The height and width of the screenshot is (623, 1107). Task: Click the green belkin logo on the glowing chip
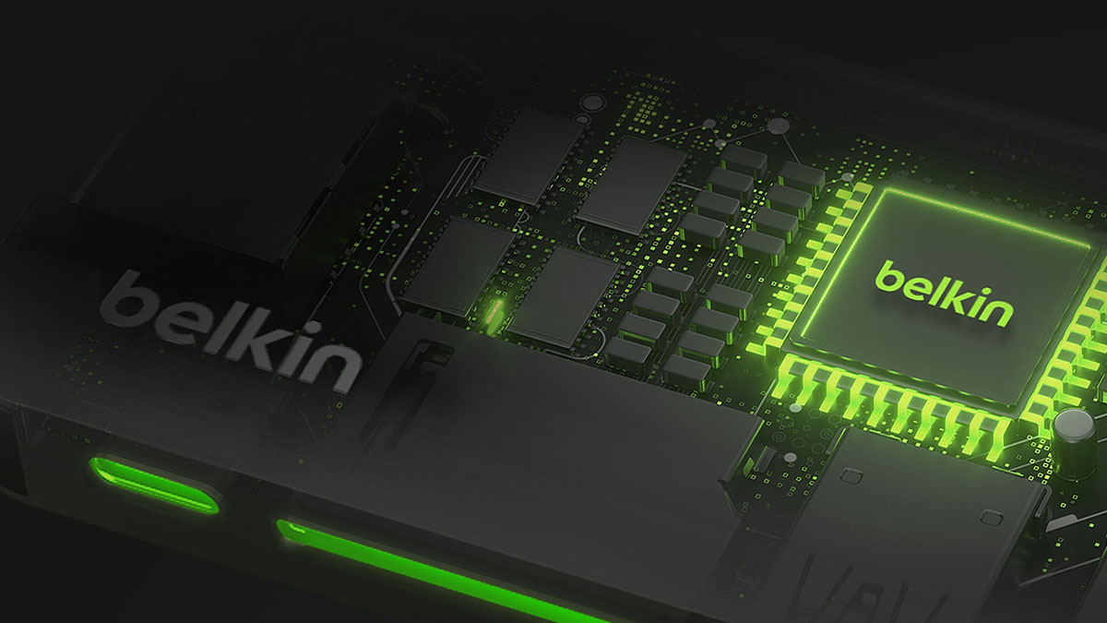(945, 294)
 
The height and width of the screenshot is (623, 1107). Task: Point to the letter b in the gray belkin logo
(126, 300)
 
